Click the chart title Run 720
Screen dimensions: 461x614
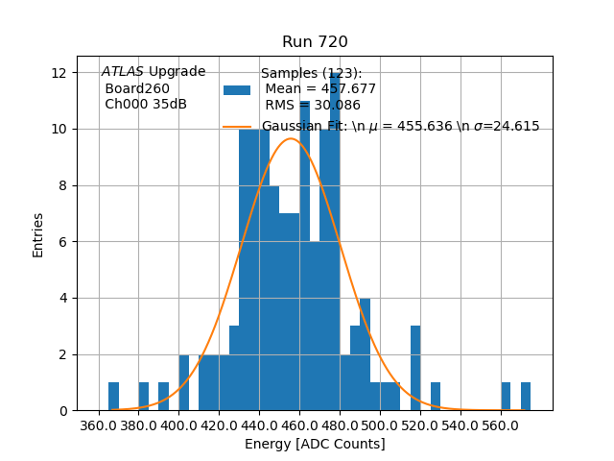315,42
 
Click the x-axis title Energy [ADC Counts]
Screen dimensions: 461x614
315,444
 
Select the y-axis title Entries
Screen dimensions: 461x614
38,234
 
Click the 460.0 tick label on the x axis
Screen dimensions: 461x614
299,425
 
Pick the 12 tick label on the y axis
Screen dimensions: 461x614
59,73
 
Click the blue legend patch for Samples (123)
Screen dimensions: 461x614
237,90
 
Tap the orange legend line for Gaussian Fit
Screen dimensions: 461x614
237,126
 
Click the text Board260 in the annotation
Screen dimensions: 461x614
137,88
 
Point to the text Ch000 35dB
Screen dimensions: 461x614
146,105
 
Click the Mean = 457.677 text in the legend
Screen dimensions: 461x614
320,89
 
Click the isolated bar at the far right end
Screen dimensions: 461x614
526,397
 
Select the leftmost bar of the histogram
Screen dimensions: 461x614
113,397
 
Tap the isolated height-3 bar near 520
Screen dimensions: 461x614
415,369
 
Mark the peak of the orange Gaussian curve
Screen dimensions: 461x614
291,139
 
